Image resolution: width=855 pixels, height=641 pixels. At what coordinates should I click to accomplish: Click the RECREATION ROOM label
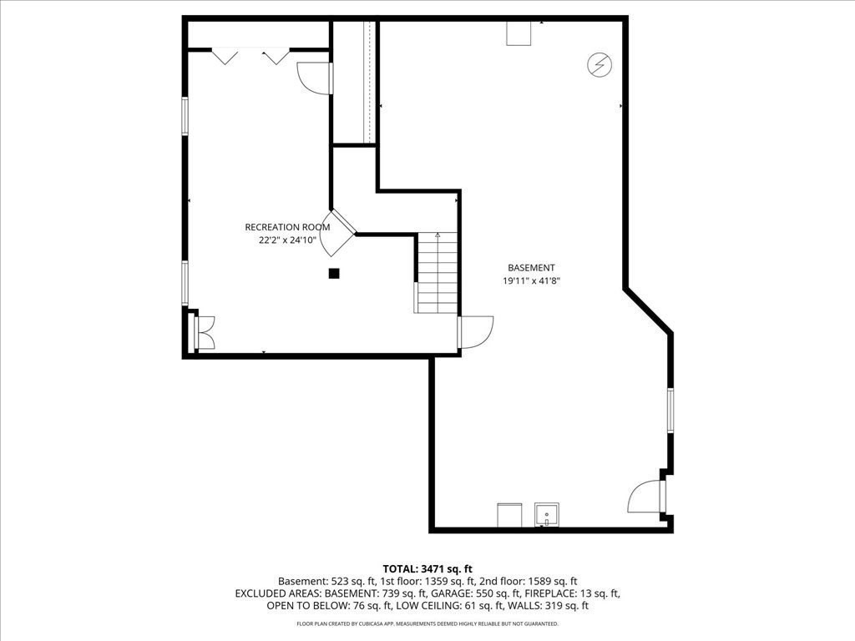287,227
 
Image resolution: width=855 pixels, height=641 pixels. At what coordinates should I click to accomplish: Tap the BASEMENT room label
531,268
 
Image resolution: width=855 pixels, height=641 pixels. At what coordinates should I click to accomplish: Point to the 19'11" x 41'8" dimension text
531,280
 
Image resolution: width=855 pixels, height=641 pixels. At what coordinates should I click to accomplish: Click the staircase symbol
436,273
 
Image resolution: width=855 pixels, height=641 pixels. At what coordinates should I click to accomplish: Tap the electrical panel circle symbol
600,65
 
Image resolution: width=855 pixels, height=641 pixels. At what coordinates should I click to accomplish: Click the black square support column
334,273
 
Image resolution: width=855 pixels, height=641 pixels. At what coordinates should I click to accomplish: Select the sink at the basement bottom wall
546,515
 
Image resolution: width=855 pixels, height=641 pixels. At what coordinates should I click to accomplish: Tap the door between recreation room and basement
475,332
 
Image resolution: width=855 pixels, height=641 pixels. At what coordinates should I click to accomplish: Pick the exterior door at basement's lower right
646,496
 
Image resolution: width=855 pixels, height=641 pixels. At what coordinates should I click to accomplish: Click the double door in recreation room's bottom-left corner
205,332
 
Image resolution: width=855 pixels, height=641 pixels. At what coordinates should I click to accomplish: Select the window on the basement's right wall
670,410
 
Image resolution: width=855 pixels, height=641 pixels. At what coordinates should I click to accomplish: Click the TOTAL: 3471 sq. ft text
427,569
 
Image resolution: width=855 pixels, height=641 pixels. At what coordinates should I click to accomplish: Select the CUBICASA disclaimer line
427,623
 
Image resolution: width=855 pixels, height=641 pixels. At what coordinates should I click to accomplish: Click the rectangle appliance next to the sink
509,515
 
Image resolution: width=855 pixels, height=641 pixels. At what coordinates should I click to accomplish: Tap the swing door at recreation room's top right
315,78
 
